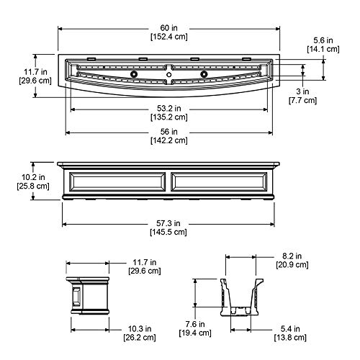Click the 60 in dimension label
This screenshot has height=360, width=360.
pos(168,28)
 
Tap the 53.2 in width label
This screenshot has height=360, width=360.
pos(169,109)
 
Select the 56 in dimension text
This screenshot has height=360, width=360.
pos(169,132)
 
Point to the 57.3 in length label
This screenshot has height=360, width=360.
pos(168,223)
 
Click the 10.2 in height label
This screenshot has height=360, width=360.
pos(33,177)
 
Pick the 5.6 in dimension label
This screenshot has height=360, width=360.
pos(323,40)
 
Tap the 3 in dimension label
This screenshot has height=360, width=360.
pos(302,91)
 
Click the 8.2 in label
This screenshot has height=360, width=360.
pos(292,256)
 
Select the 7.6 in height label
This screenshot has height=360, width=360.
pos(195,324)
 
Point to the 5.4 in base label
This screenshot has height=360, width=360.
pos(290,328)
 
